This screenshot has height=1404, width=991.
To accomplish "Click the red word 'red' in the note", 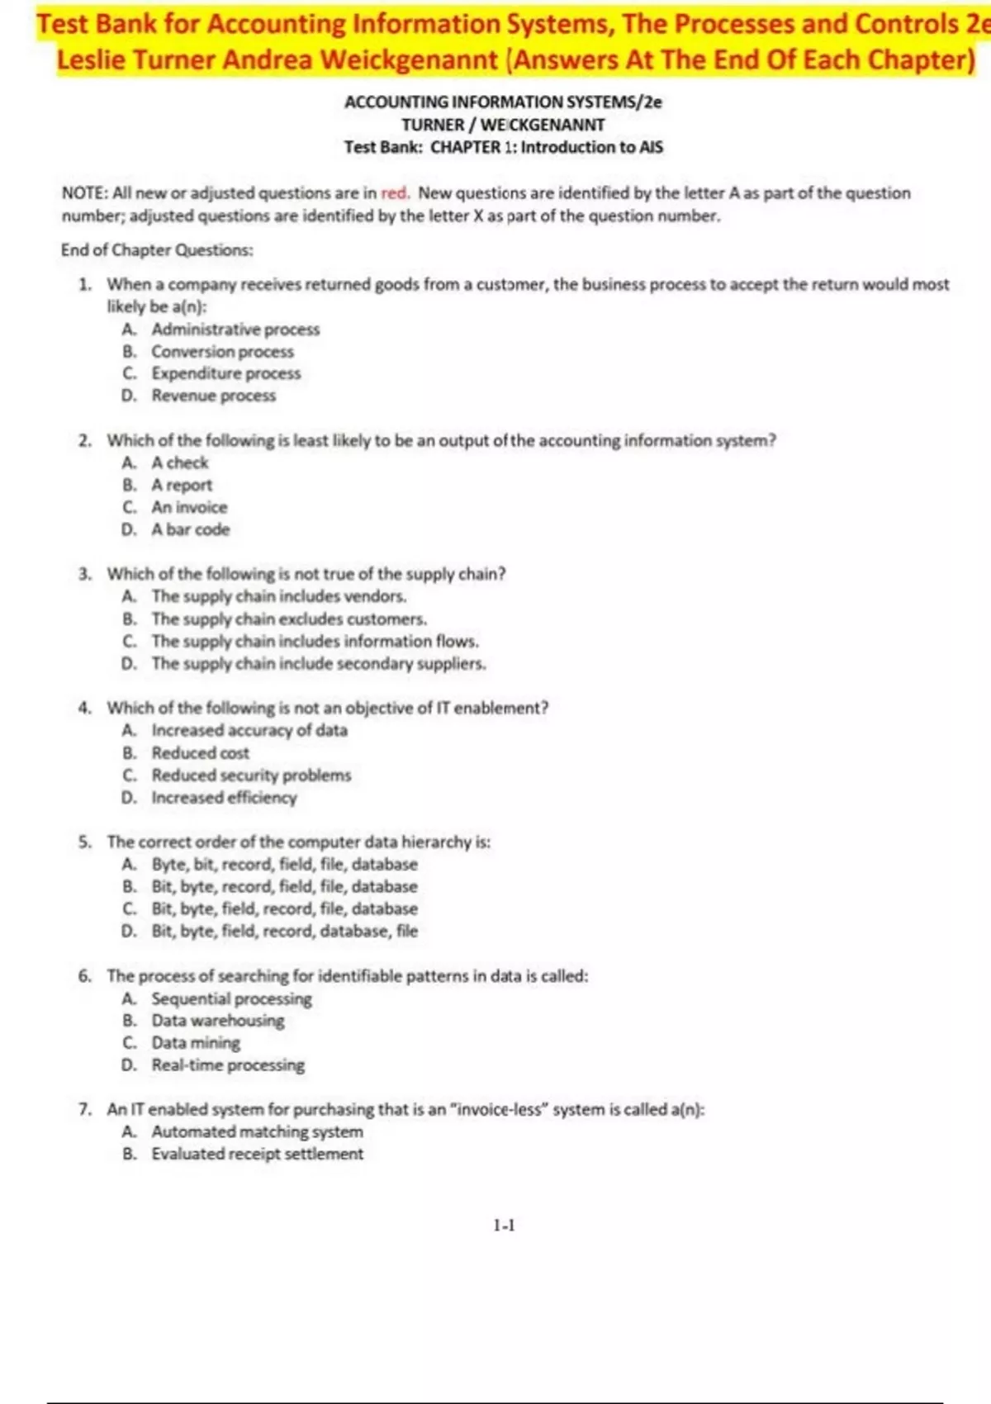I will click(x=395, y=193).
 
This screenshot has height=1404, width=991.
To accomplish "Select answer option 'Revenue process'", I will click(x=213, y=396).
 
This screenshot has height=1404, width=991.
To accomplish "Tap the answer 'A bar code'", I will click(x=190, y=529).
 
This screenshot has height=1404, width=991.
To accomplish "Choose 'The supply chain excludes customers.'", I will click(x=289, y=619).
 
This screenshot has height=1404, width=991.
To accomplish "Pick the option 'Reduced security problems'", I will click(x=251, y=776).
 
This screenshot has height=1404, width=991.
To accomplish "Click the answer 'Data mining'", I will click(x=196, y=1042).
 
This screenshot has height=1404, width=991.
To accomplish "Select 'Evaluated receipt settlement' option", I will click(x=257, y=1154).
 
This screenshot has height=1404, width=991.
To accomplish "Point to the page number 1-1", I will click(x=504, y=1226).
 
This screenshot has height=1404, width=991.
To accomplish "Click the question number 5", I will click(x=85, y=842).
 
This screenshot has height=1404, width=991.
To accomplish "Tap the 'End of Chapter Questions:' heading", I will click(x=157, y=250).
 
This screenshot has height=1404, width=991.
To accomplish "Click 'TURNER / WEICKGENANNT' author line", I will click(x=503, y=125).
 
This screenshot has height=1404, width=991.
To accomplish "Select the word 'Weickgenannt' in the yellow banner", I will click(x=409, y=59).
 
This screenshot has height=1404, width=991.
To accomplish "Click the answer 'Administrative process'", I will click(x=235, y=329).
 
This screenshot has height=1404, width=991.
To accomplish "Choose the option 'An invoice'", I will click(x=189, y=507).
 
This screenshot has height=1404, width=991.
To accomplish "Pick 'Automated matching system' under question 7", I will click(x=257, y=1131).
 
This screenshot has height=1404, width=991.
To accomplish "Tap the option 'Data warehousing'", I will click(x=218, y=1020).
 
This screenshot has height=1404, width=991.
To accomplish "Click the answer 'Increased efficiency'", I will click(x=224, y=798).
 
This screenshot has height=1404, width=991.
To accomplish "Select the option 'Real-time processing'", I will click(x=228, y=1065).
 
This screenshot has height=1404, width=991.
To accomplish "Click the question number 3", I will click(x=85, y=574).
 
